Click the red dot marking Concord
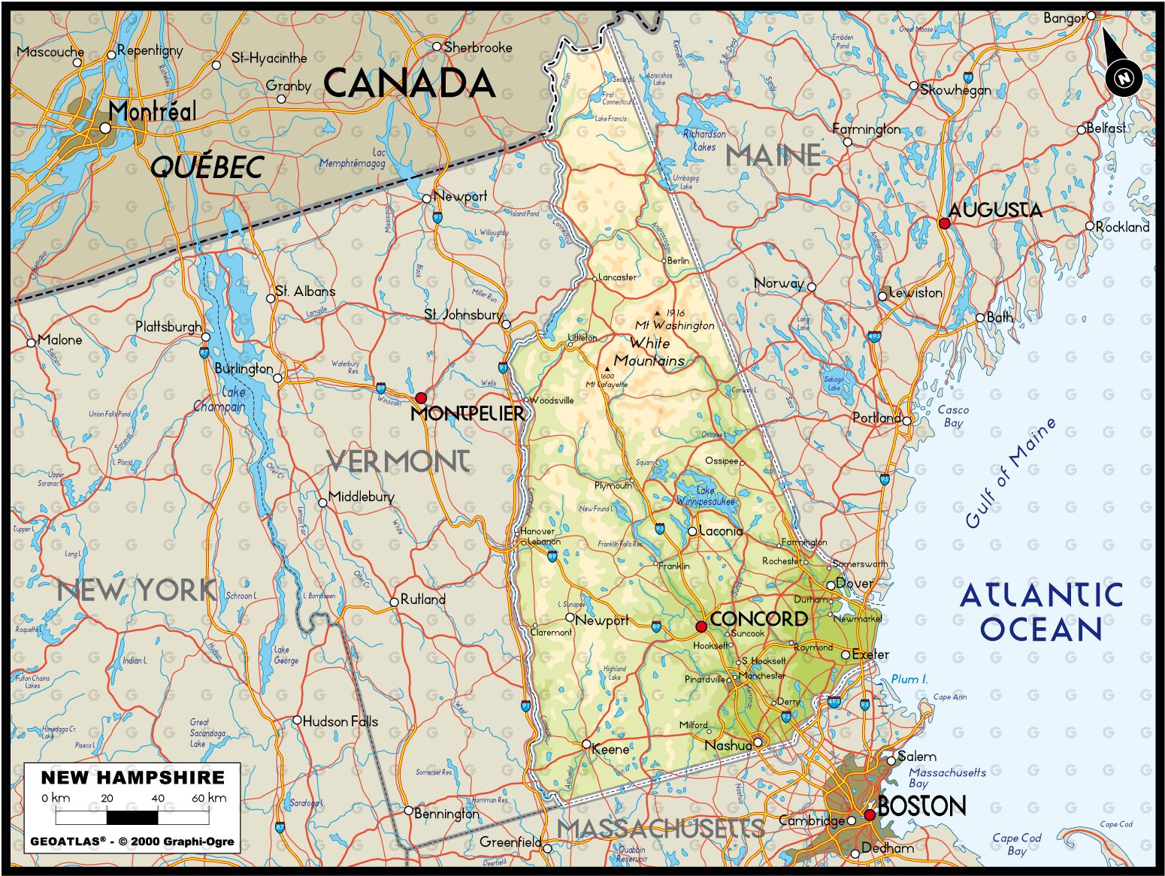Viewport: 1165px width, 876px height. [x=701, y=627]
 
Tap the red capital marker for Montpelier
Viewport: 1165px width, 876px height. [x=421, y=397]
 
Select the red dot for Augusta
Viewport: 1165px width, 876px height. [x=945, y=223]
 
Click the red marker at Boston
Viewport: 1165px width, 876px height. [x=870, y=814]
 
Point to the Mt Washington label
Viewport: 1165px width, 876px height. [x=674, y=325]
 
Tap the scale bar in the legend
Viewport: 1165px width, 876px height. [x=132, y=817]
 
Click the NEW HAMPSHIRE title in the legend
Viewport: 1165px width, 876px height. [x=132, y=778]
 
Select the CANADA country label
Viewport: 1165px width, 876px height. [x=410, y=83]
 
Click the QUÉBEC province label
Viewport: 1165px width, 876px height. [x=207, y=167]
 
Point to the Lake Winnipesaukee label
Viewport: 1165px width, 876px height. [x=705, y=494]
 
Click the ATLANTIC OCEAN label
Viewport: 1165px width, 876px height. [x=1041, y=612]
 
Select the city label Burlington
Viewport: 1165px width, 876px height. [x=244, y=368]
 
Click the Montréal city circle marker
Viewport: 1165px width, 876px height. [x=105, y=128]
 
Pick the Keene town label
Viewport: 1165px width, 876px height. [x=610, y=749]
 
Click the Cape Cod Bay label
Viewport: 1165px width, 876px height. [x=1016, y=844]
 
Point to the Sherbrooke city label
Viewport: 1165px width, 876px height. [x=478, y=47]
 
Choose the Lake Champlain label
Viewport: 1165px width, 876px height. [x=219, y=400]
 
